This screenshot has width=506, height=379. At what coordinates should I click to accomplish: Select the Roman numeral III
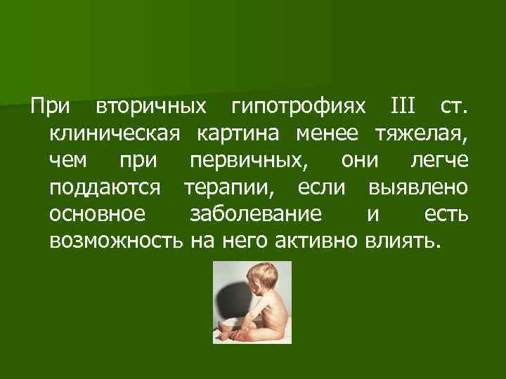tap(403, 108)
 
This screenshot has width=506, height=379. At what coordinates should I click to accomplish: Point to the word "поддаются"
tap(106, 187)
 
